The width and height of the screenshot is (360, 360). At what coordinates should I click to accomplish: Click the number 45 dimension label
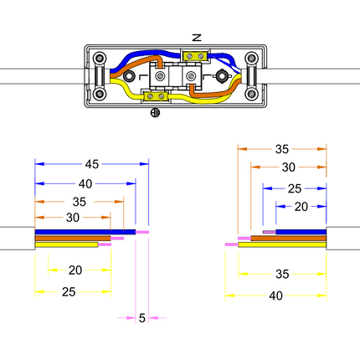pyautogui.click(x=92, y=164)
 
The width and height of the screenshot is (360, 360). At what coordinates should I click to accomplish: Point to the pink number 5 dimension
pyautogui.click(x=142, y=318)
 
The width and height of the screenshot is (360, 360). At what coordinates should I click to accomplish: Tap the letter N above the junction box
pyautogui.click(x=197, y=38)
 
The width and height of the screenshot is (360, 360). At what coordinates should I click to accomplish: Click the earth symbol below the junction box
pyautogui.click(x=155, y=113)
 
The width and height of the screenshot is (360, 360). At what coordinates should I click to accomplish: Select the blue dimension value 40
pyautogui.click(x=85, y=184)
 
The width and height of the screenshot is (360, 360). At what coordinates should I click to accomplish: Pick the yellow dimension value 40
pyautogui.click(x=275, y=296)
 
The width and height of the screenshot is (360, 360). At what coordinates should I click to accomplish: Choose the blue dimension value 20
pyautogui.click(x=301, y=207)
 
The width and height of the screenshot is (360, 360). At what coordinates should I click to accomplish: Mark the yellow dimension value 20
pyautogui.click(x=75, y=270)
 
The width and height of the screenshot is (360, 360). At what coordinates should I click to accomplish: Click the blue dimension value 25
pyautogui.click(x=295, y=189)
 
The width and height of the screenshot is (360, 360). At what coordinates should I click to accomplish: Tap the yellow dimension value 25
pyautogui.click(x=69, y=292)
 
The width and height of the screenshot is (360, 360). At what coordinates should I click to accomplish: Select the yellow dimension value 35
pyautogui.click(x=282, y=274)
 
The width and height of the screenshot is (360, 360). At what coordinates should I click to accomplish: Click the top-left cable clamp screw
pyautogui.click(x=99, y=59)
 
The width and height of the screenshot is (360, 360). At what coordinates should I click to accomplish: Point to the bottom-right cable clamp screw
pyautogui.click(x=251, y=94)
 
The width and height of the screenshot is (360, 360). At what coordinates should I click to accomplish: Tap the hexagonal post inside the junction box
pyautogui.click(x=222, y=75)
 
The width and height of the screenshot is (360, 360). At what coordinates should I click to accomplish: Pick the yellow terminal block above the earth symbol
pyautogui.click(x=156, y=96)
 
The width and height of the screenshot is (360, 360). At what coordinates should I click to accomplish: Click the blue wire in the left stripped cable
pyautogui.click(x=85, y=232)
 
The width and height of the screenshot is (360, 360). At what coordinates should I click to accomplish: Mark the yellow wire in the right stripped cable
pyautogui.click(x=282, y=244)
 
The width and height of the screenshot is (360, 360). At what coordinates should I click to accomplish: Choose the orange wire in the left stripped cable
pyautogui.click(x=73, y=239)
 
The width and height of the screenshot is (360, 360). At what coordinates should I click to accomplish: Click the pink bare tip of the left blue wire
pyautogui.click(x=142, y=232)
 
